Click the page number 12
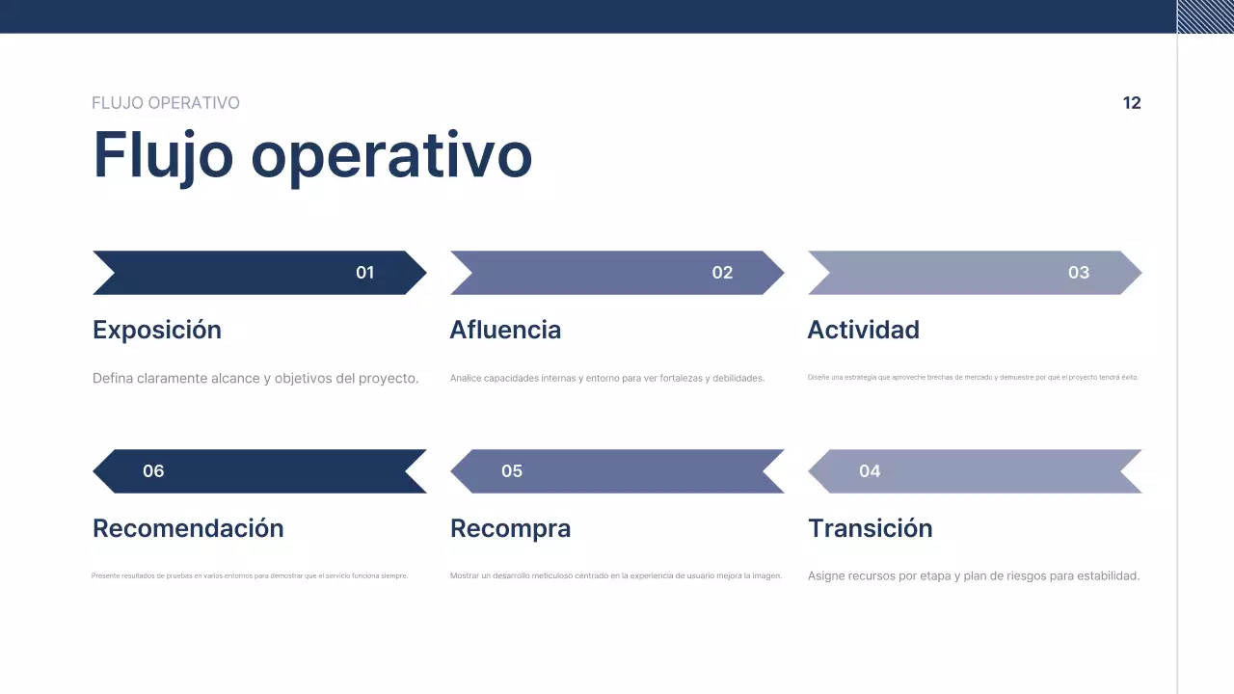coord(1132,103)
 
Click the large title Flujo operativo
coord(312,154)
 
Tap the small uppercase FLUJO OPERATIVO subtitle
coord(166,103)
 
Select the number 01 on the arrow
coord(364,273)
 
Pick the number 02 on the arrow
coord(722,273)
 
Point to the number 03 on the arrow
coord(1079,273)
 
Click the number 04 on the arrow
coord(870,471)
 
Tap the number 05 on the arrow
coord(512,471)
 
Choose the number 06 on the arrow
coord(153,471)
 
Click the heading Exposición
coord(157,330)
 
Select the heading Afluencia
coord(505,330)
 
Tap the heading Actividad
coord(863,330)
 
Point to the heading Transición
coord(870,528)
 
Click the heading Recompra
coord(510,528)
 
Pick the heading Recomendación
coord(188,528)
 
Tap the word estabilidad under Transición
coord(1105,576)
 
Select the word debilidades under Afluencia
coord(738,379)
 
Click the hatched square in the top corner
coord(1205,16)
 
